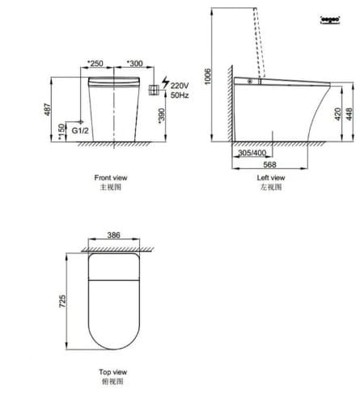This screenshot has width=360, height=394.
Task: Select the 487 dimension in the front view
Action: coord(47,109)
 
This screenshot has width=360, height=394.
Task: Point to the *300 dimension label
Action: coord(135,62)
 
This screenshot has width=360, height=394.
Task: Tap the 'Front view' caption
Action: coord(110,176)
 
